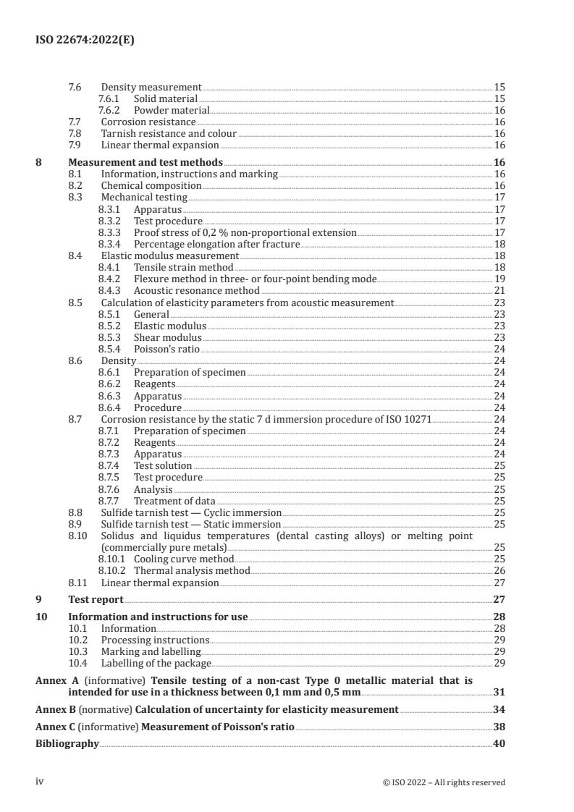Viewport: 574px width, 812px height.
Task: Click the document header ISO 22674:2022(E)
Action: [x=85, y=41]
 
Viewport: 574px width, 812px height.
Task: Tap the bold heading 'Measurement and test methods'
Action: [x=145, y=162]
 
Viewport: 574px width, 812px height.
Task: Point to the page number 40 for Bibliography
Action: [x=499, y=743]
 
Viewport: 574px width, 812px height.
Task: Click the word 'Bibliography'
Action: [x=67, y=743]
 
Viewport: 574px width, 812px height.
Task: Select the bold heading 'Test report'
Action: [x=96, y=599]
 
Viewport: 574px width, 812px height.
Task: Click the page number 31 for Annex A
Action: [x=499, y=692]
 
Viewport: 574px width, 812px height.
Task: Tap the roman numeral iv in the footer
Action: [x=40, y=782]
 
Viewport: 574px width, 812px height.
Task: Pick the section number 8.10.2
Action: [x=112, y=570]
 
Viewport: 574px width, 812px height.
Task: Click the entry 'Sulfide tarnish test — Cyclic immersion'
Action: [x=190, y=512]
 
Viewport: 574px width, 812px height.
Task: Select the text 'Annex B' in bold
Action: [x=56, y=709]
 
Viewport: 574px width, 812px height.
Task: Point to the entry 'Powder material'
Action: [x=172, y=110]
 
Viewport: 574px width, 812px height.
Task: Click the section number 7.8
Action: [x=75, y=133]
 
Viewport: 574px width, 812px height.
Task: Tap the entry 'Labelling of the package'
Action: [x=156, y=663]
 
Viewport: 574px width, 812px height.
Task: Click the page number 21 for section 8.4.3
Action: [x=499, y=290]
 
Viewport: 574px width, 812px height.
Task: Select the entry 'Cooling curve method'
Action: [x=184, y=559]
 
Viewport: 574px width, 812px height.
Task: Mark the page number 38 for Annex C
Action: [x=499, y=727]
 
